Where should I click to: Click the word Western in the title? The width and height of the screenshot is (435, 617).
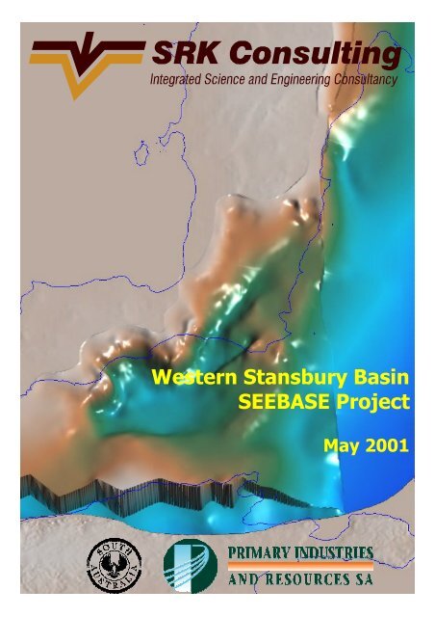pos(189,374)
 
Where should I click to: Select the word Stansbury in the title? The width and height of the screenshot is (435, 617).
pos(284,374)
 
